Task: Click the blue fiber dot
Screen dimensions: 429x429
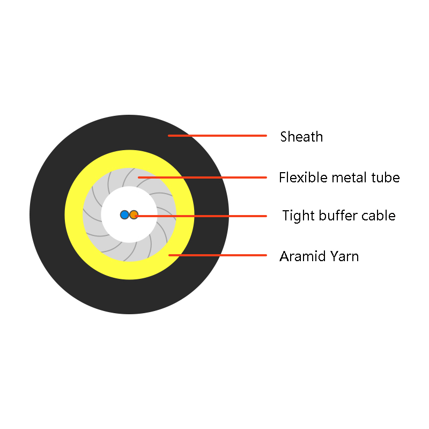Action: (x=124, y=215)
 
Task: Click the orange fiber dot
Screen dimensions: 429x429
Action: (x=134, y=215)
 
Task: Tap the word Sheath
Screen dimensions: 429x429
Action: (x=301, y=137)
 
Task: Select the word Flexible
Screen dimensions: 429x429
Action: (x=303, y=177)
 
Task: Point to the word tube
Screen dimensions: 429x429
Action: (x=386, y=177)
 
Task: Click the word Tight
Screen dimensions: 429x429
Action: (x=299, y=216)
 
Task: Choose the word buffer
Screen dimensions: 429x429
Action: (x=338, y=216)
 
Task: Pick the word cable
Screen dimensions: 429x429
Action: (x=379, y=216)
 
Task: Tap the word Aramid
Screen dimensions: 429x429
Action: (x=302, y=256)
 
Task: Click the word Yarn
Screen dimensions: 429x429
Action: (x=344, y=256)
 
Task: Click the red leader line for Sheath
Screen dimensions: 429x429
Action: (x=218, y=136)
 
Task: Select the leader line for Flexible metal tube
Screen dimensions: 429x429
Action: (x=203, y=177)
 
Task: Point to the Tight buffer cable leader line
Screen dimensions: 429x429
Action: (x=201, y=216)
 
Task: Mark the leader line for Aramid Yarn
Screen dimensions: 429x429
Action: (x=218, y=255)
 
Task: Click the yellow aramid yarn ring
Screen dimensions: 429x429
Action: (x=73, y=215)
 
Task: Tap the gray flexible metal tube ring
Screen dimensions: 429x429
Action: (x=92, y=215)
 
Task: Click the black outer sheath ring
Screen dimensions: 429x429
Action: (x=47, y=215)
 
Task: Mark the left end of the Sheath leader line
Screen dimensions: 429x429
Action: (x=169, y=136)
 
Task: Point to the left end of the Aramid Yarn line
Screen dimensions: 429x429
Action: (x=169, y=255)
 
